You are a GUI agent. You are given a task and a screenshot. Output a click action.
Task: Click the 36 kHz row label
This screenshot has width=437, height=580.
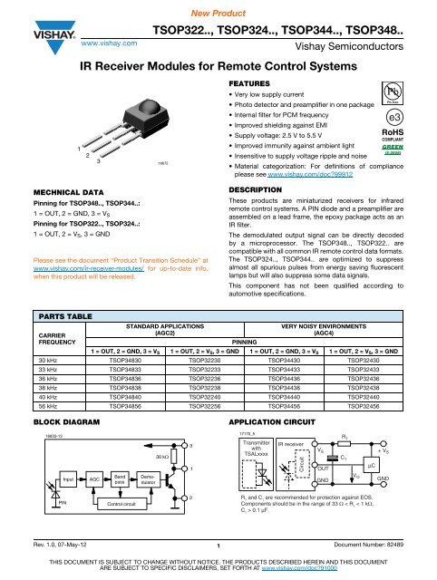pos(39,325)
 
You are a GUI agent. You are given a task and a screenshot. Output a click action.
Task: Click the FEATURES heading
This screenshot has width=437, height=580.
pos(248,81)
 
